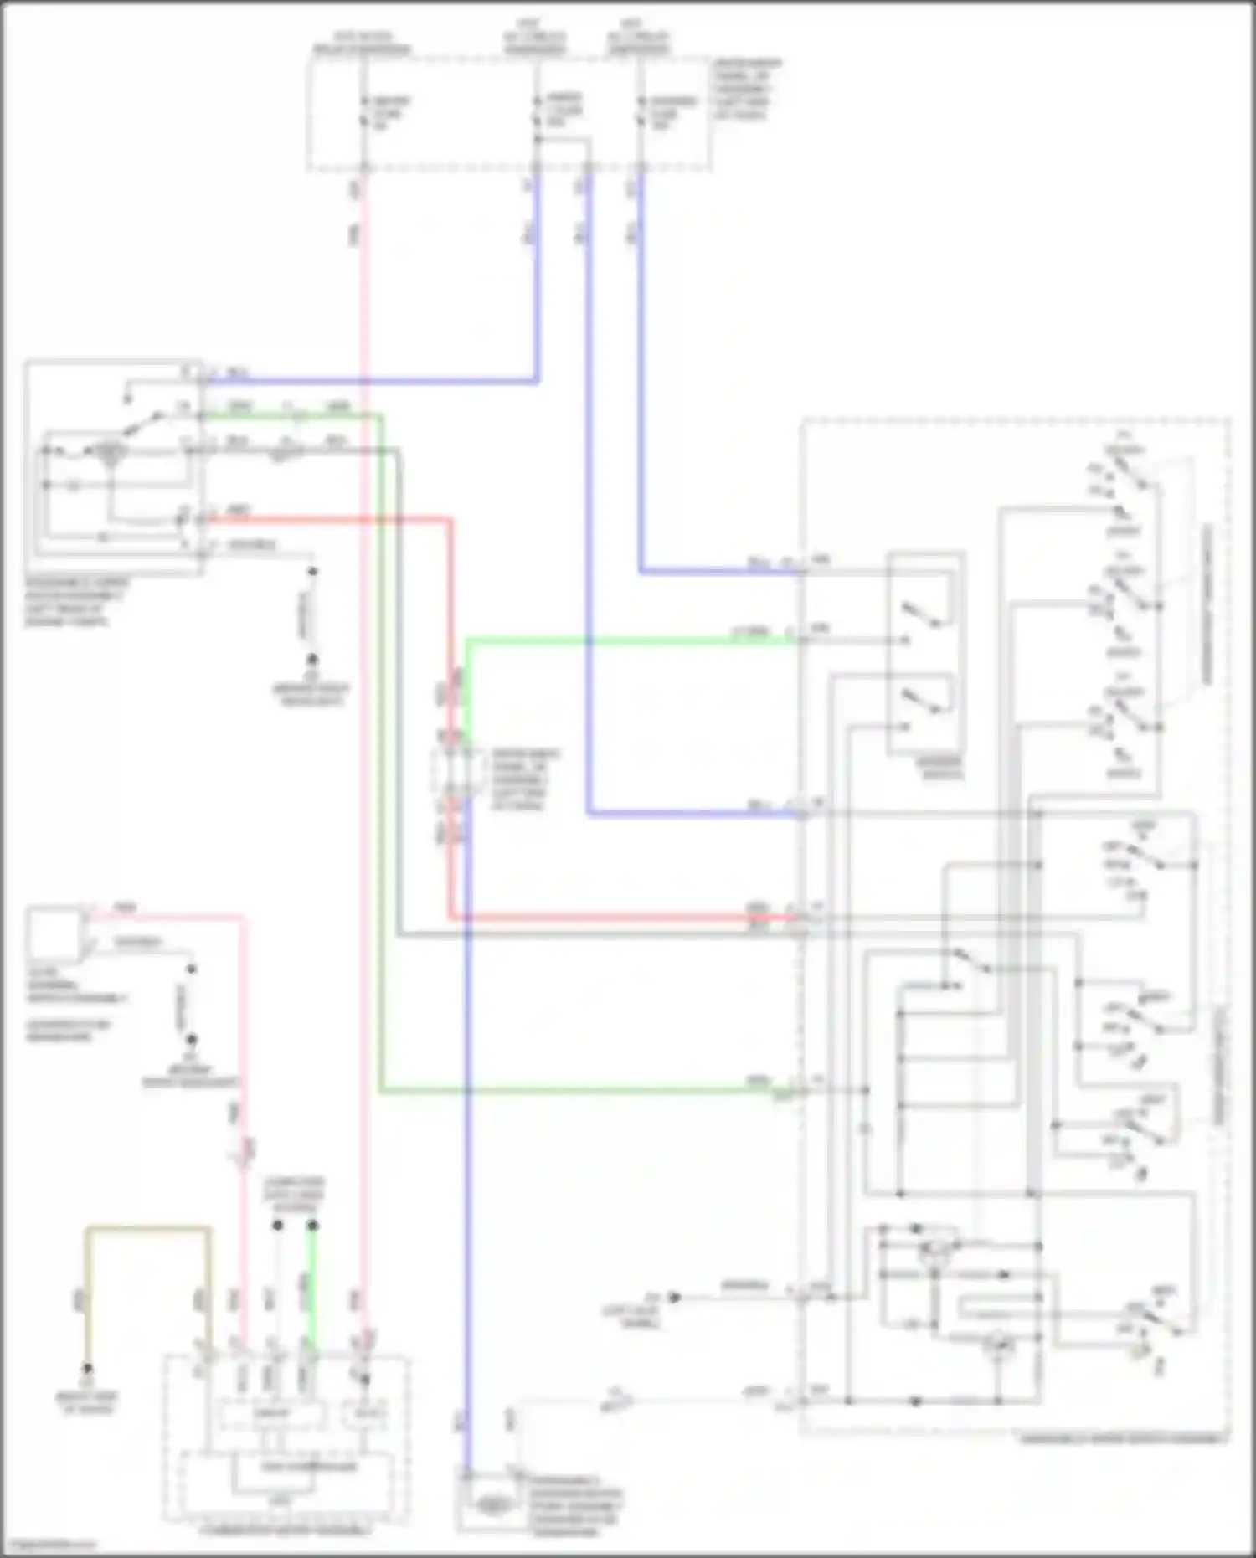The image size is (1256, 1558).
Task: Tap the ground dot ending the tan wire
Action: click(x=87, y=1370)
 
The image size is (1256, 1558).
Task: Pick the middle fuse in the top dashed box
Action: click(x=537, y=112)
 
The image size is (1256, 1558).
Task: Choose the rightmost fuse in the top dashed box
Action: click(x=641, y=112)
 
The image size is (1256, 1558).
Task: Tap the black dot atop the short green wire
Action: click(x=312, y=1226)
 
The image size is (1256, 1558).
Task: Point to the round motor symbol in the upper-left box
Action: click(x=107, y=454)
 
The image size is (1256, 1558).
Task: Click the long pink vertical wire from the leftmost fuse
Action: click(x=364, y=753)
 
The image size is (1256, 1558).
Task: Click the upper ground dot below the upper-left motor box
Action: click(x=312, y=572)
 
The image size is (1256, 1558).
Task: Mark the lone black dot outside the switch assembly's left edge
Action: click(x=674, y=1297)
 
